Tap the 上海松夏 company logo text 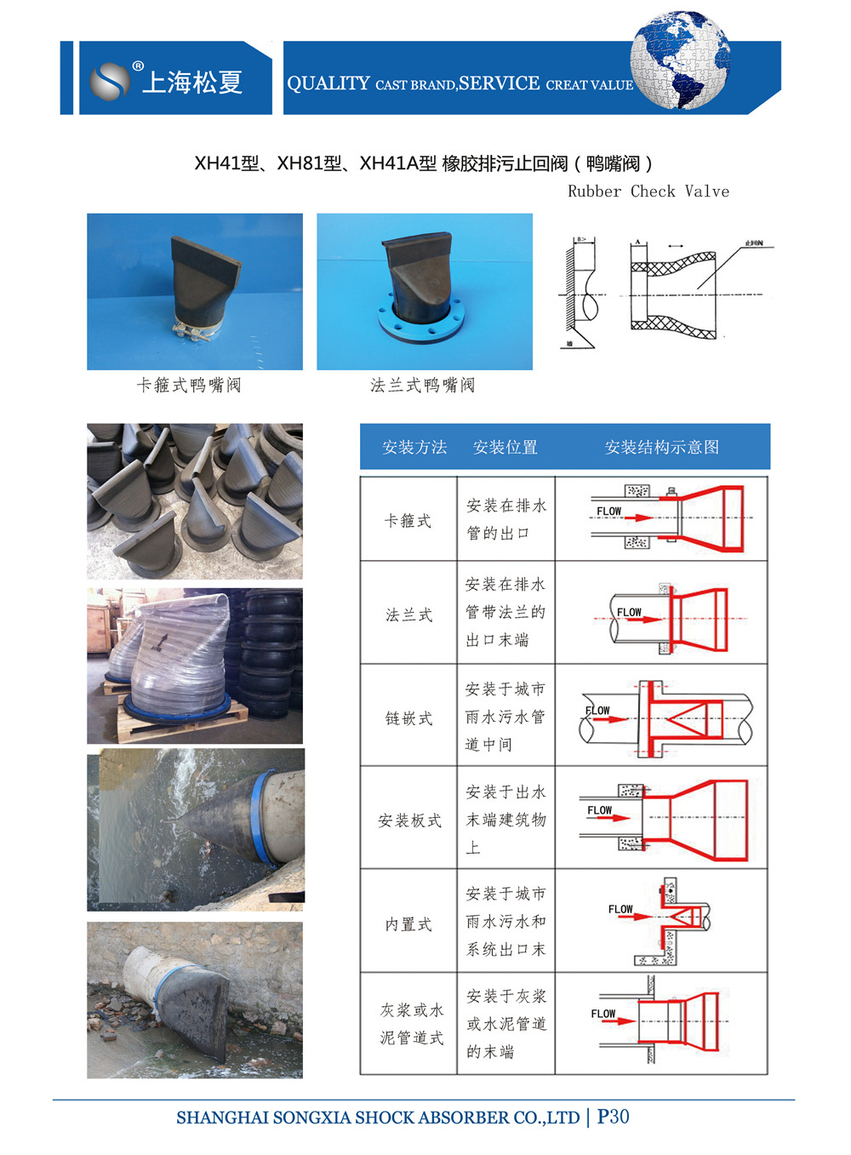click(192, 82)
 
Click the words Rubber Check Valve click(648, 192)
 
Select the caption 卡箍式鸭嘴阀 click(189, 386)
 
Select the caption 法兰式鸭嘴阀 click(422, 386)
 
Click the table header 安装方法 click(414, 447)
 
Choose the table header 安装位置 click(505, 447)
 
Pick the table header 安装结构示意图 click(661, 447)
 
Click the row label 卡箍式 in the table click(408, 520)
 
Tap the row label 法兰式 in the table click(408, 615)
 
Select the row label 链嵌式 click(408, 718)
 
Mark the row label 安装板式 click(409, 821)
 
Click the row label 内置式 click(408, 924)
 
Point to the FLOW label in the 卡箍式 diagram click(609, 512)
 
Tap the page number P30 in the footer click(613, 1117)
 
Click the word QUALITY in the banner click(328, 83)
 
